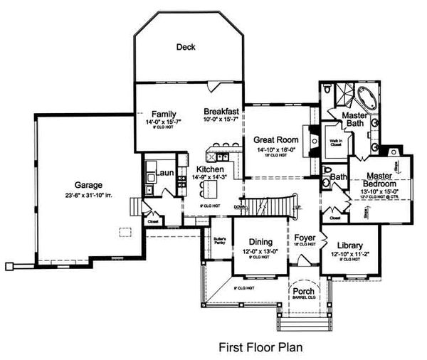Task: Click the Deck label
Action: coord(186,48)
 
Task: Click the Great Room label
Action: coord(276,140)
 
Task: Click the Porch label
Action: coord(308,292)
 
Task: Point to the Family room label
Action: coord(164,114)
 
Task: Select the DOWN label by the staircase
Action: coord(239,206)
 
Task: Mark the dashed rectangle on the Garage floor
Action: coord(126,233)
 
